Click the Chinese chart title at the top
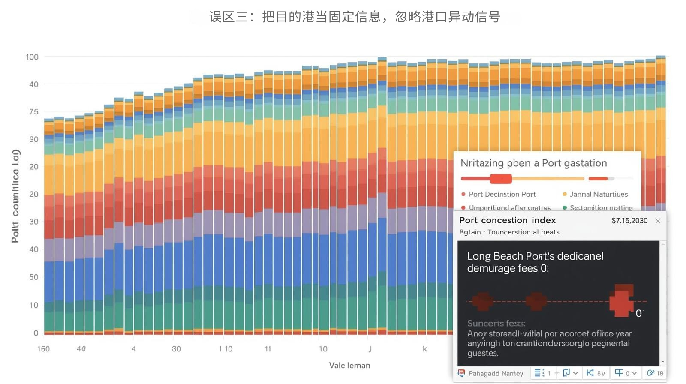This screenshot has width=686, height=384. point(355,17)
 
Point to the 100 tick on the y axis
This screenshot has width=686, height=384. point(32,57)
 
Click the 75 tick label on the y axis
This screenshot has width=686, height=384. point(34,112)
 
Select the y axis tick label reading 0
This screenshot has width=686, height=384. point(36,333)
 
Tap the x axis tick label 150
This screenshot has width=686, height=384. point(43,349)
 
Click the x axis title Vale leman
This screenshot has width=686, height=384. point(349,365)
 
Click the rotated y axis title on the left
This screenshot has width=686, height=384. point(15,196)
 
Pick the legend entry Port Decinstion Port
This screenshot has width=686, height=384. point(502,194)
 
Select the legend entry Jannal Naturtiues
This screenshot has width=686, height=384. point(598,194)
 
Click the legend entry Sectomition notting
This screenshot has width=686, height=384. point(601,207)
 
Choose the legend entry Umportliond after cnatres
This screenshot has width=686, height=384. point(509,207)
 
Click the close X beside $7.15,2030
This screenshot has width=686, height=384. point(658,221)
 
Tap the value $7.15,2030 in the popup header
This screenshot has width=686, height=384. point(629,221)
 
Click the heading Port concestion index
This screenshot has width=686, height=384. point(507,220)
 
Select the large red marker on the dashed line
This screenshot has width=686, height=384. point(622,300)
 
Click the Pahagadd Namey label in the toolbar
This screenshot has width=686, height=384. point(495,373)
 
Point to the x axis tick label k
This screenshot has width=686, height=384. point(425,349)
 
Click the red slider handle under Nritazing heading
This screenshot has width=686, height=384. point(501,179)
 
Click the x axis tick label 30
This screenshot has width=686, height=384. point(176,349)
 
